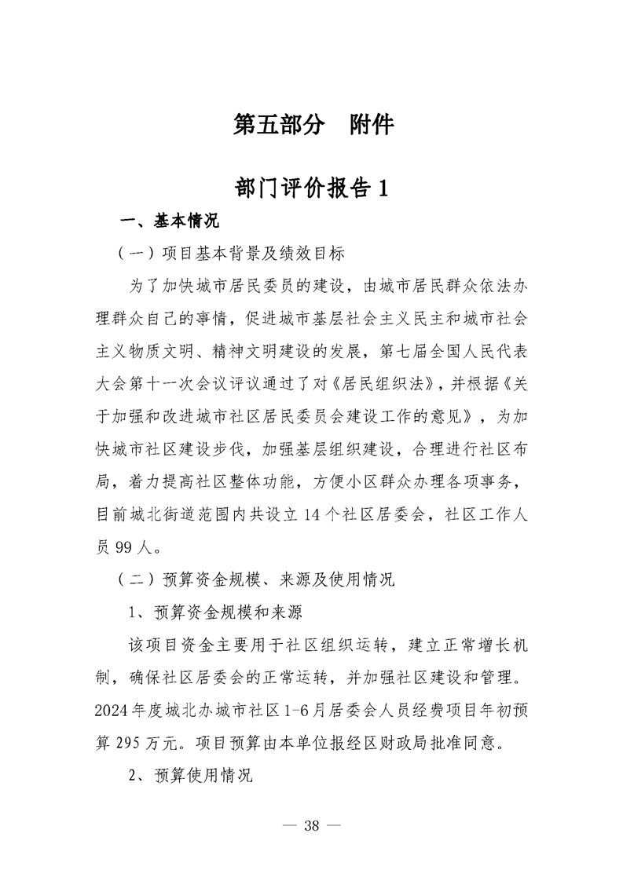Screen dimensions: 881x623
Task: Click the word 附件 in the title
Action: (371, 126)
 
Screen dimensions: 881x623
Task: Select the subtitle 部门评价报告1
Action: (311, 189)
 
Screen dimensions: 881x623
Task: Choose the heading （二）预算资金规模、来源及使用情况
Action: (255, 580)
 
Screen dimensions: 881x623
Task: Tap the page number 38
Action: (311, 825)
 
